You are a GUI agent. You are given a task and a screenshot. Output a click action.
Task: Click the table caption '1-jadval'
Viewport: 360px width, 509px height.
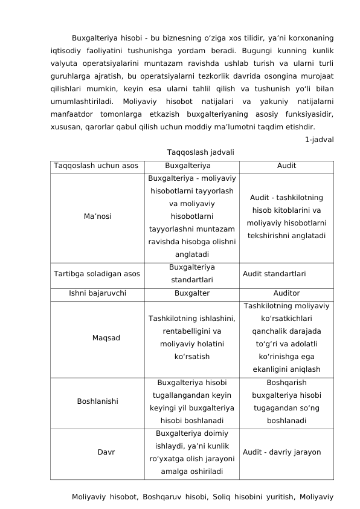point(319,140)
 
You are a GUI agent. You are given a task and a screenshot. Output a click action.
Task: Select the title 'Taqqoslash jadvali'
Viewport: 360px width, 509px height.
point(192,152)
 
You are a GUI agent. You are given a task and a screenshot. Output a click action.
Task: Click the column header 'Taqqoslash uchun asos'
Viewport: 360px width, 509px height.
point(95,166)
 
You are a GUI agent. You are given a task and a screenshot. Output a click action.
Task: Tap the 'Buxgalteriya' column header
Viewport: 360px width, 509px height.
point(192,166)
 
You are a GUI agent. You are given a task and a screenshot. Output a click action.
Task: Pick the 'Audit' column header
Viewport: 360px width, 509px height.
point(286,166)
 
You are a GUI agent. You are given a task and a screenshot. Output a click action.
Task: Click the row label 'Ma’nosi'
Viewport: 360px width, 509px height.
point(97,216)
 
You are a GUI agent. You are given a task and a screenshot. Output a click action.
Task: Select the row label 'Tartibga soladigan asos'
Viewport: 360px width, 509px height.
point(97,273)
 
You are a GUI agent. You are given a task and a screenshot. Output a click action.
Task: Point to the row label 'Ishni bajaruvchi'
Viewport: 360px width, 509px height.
point(97,293)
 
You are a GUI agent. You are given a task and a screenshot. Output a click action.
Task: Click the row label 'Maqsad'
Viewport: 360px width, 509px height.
point(106,337)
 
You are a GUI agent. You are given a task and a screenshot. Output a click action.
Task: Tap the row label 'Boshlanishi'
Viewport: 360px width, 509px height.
point(97,401)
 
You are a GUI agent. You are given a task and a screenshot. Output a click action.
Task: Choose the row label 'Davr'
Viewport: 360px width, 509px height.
point(107,452)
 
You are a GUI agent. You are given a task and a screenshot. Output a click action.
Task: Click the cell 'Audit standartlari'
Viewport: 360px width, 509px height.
point(274,273)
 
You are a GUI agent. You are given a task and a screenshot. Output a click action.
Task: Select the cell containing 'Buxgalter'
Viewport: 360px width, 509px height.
point(192,293)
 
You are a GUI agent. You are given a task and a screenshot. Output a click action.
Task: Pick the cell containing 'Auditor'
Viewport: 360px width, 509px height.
point(286,293)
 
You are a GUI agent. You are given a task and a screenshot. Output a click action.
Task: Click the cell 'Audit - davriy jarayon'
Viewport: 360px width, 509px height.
point(281,452)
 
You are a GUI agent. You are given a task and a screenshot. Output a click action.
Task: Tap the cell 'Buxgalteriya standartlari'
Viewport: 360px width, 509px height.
point(192,273)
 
